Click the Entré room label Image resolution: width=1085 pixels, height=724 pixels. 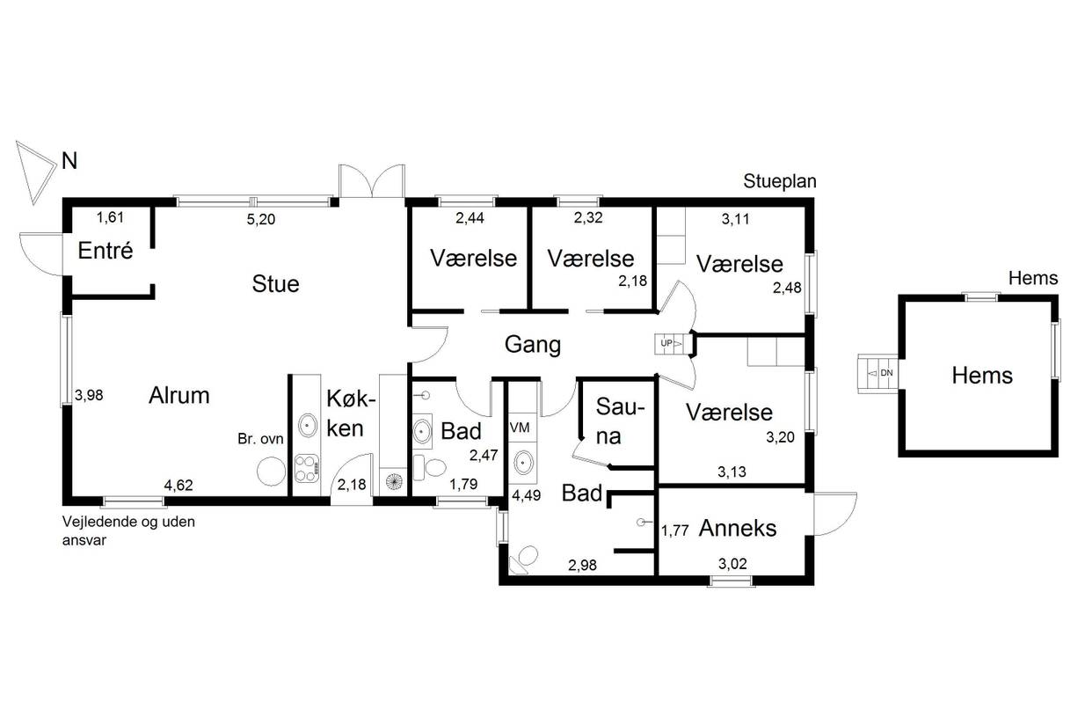coord(106,251)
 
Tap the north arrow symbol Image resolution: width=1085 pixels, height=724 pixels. coord(36,172)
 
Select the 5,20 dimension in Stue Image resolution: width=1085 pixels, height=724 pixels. coord(260,220)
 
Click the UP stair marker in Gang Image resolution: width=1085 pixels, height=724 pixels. coord(666,343)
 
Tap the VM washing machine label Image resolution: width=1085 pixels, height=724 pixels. coord(520,428)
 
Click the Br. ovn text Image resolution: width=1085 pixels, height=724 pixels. coord(260,439)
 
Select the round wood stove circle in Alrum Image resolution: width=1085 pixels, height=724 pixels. coord(271,471)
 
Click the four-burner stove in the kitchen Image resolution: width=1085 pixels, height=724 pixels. coord(307,469)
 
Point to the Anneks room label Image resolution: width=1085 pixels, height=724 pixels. coord(737,528)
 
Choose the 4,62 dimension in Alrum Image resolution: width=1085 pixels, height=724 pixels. coord(178,485)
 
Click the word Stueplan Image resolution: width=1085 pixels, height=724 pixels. coord(780,181)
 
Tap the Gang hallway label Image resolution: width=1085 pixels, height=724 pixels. coord(532,345)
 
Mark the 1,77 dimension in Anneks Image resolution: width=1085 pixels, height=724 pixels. coord(674,530)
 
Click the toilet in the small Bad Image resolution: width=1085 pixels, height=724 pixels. coord(431,468)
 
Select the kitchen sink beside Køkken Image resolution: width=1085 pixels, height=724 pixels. coord(308,425)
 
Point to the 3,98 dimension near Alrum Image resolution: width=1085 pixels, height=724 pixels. coord(89,396)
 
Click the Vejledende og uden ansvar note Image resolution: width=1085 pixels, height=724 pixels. coord(128,531)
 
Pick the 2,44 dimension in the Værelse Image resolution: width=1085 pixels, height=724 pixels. coord(470,218)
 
